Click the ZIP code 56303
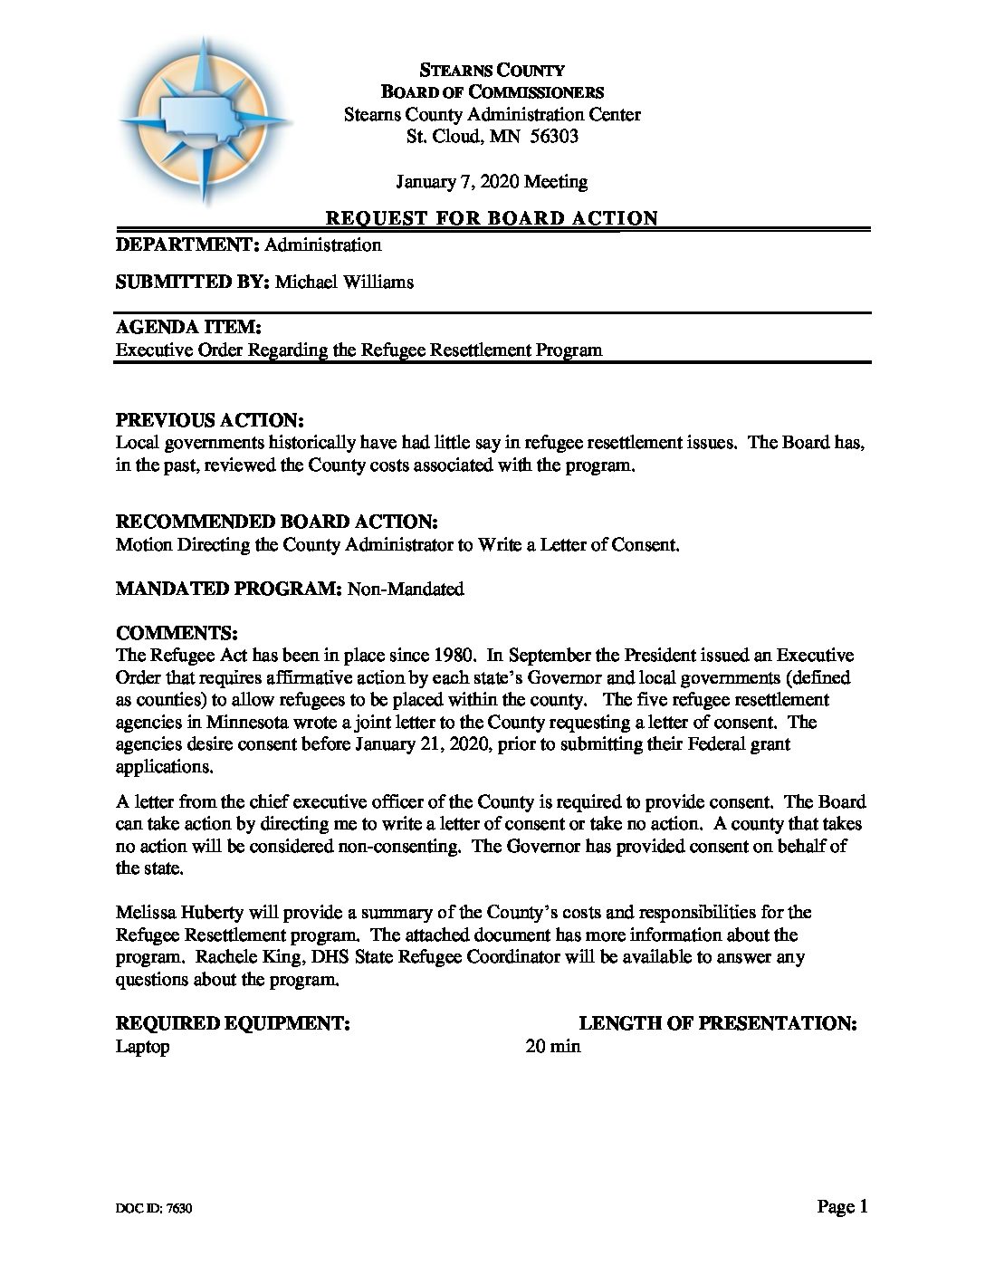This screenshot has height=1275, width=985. (x=554, y=137)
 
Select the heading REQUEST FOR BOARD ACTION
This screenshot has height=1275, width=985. (x=492, y=218)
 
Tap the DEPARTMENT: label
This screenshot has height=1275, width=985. (x=188, y=244)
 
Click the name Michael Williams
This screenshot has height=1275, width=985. (x=344, y=282)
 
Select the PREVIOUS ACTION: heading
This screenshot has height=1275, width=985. (x=209, y=421)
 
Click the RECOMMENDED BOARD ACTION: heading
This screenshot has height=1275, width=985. (x=277, y=522)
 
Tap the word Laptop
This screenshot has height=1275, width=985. (x=142, y=1047)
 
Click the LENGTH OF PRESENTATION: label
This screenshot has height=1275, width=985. (x=718, y=1024)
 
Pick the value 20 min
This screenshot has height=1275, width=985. (x=553, y=1047)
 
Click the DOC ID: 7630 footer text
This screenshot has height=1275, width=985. (x=153, y=1209)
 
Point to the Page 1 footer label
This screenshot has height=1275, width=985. (x=842, y=1206)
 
